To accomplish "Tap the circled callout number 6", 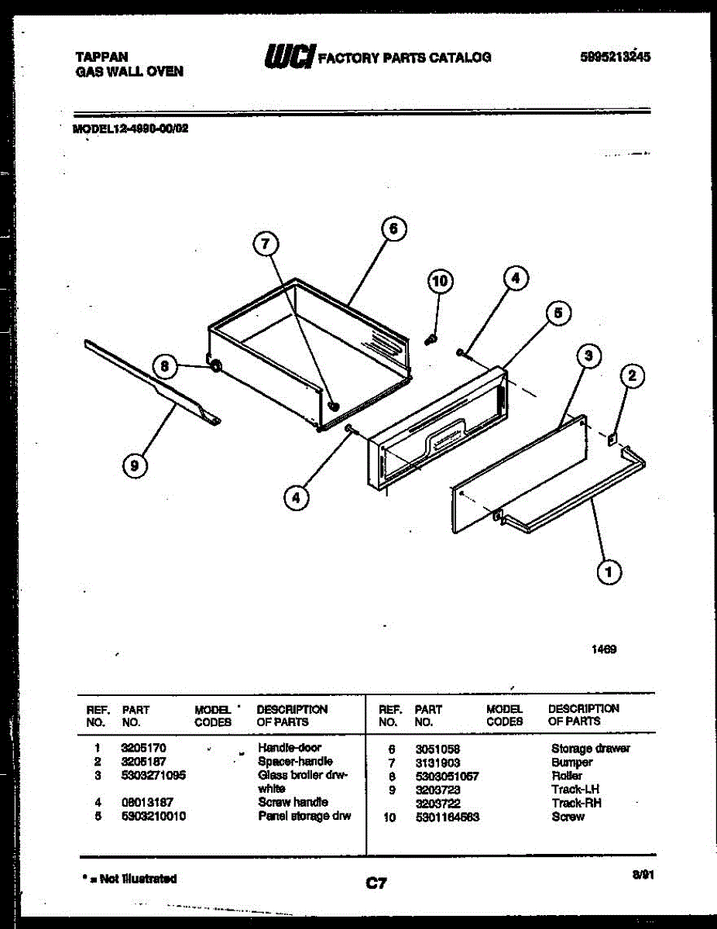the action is pos(393,228).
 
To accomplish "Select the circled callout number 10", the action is pos(440,281).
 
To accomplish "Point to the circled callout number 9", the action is pos(135,464).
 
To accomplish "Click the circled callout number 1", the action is pos(609,572).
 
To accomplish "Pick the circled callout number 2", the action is pos(632,376).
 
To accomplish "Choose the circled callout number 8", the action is pos(164,366).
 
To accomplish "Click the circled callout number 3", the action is pos(588,356).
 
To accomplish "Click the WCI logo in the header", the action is pos(290,56).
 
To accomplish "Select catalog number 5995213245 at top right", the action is pos(615,56).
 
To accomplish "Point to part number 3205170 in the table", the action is pos(144,748).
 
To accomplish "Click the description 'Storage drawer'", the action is pos(590,749).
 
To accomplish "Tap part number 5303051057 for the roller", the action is pos(447,776).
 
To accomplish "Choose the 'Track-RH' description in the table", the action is pos(576,804).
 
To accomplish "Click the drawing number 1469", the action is pos(605,650).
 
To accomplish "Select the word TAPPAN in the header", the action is pos(101,57).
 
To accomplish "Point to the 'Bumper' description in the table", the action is pos(571,763).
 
